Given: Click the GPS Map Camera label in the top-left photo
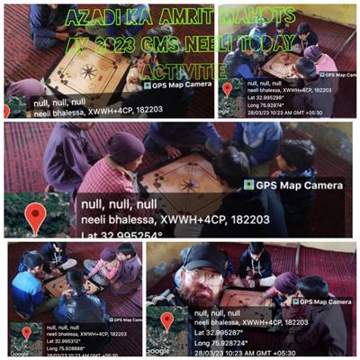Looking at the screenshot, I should [x=176, y=85].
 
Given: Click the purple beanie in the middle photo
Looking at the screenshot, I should [x=123, y=146].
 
